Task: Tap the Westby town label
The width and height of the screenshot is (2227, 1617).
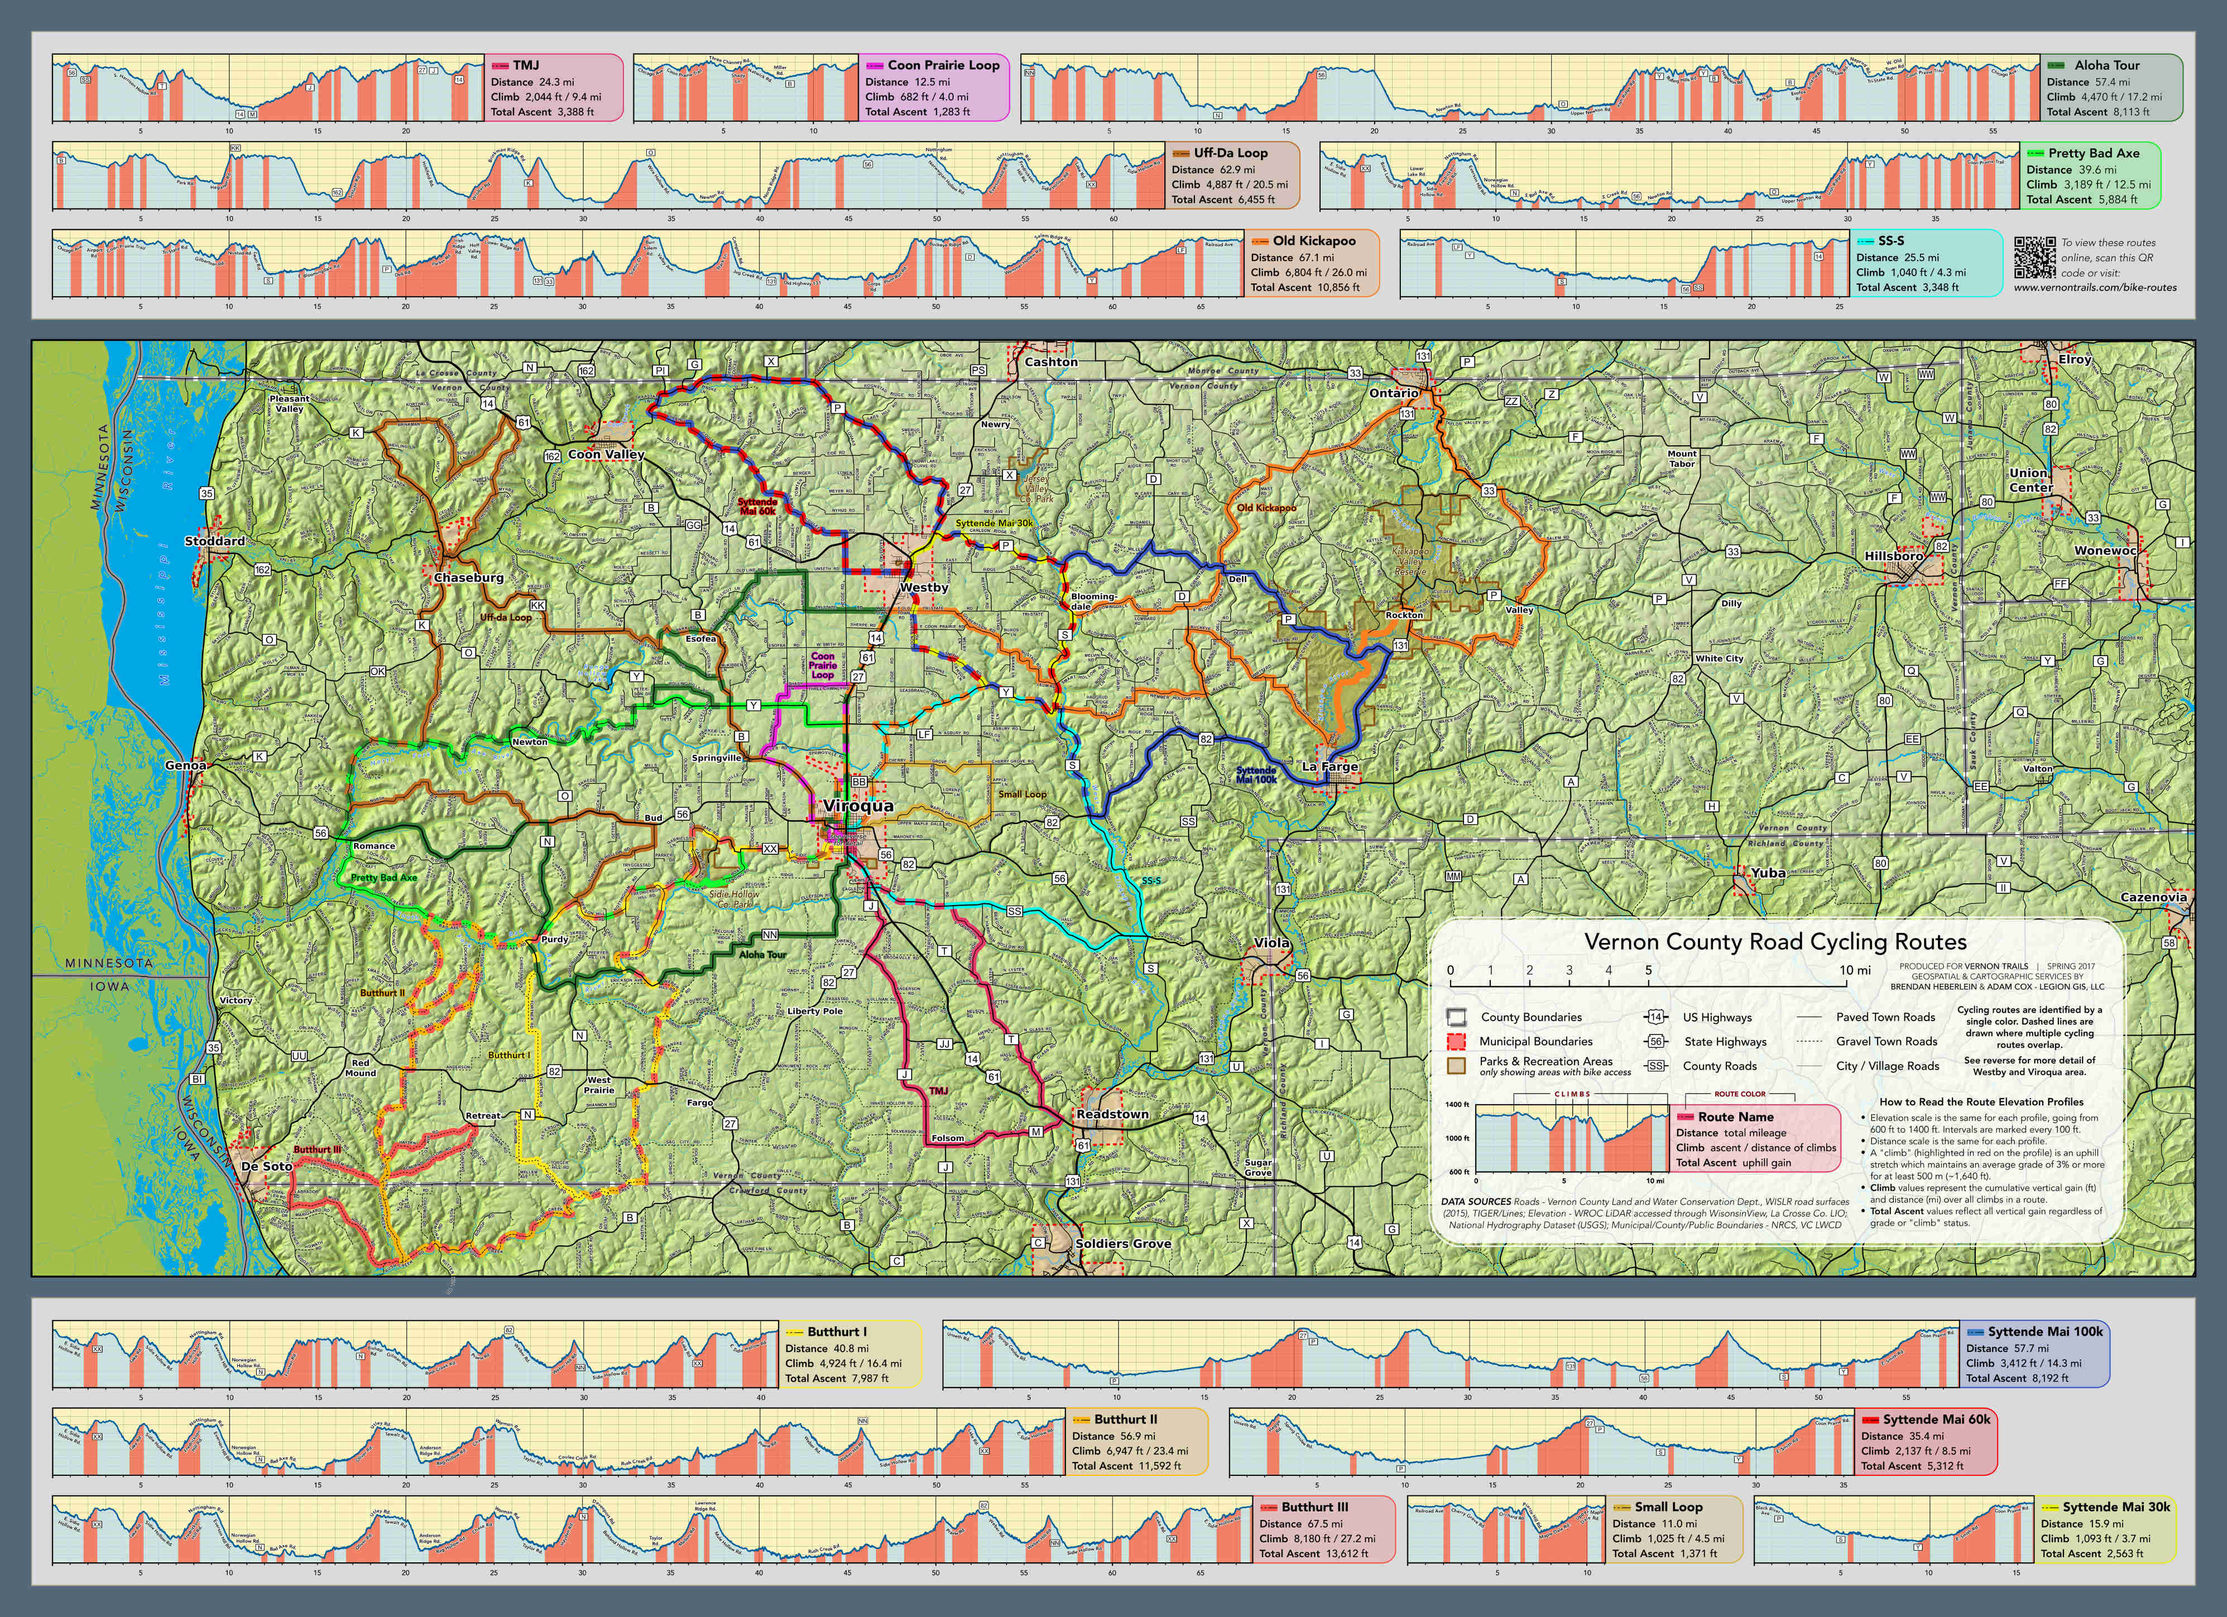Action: click(x=924, y=587)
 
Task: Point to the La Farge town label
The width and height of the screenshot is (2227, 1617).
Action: click(x=1330, y=766)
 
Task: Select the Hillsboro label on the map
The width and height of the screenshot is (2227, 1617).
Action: click(x=1894, y=556)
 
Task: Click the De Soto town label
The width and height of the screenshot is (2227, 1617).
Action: click(x=266, y=1166)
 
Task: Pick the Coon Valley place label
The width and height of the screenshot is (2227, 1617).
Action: click(x=606, y=455)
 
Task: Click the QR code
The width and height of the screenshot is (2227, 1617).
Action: click(x=2034, y=256)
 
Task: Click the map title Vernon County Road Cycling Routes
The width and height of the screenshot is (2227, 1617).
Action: click(x=1775, y=941)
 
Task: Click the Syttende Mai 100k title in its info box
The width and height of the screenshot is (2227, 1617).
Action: click(x=2046, y=1331)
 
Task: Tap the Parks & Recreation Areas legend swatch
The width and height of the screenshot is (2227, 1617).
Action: click(x=1457, y=1065)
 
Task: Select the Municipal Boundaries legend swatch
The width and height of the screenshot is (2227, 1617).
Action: click(x=1457, y=1041)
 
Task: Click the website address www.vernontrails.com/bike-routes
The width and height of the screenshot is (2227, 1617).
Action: click(x=2094, y=288)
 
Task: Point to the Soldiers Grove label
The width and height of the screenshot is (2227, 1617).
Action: click(x=1122, y=1243)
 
